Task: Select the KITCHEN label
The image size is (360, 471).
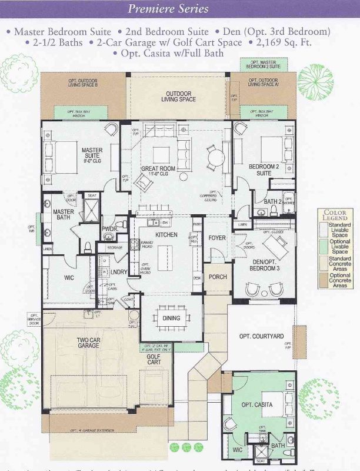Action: [x=166, y=235]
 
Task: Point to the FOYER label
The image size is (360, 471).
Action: [x=217, y=238]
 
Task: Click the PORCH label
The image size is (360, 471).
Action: [x=218, y=277]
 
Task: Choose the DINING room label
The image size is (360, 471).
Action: [x=171, y=319]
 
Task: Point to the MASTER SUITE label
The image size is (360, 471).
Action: [x=92, y=154]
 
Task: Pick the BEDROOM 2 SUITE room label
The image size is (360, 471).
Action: [x=259, y=171]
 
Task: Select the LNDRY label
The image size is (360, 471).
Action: [x=118, y=271]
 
